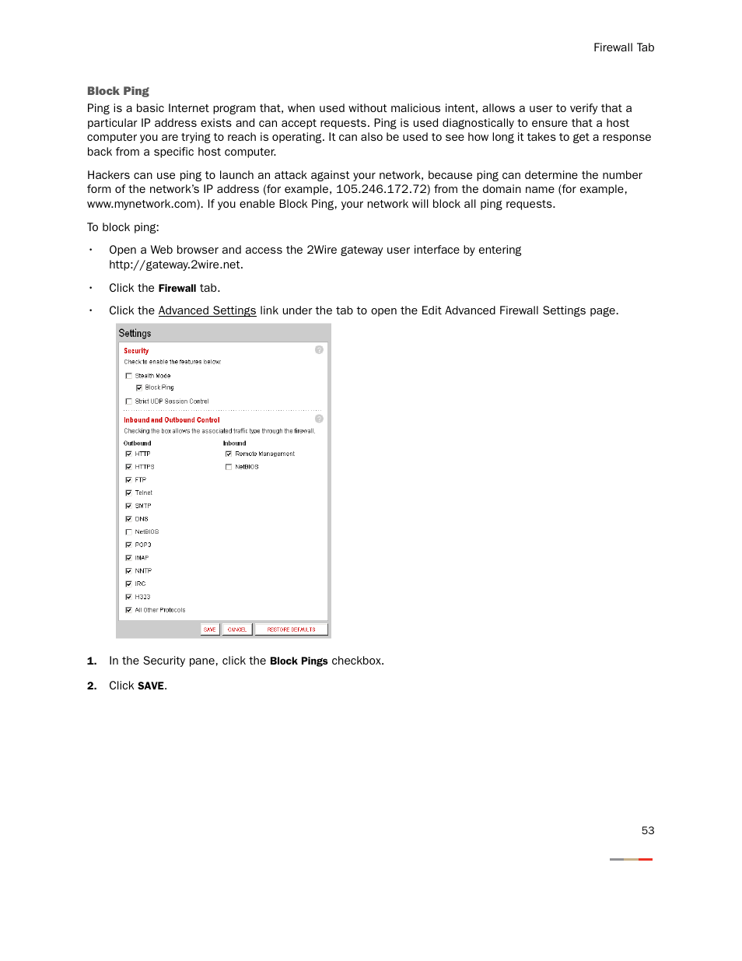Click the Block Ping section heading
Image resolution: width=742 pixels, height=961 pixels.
(117, 91)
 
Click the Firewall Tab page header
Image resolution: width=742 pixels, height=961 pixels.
(623, 47)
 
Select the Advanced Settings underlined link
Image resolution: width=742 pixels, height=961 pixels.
(207, 310)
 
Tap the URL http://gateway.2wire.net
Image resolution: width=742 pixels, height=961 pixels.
(175, 265)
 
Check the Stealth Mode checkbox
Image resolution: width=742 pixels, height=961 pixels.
(129, 376)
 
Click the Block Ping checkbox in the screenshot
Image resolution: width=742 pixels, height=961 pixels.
(139, 388)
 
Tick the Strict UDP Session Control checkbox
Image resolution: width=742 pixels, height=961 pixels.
(129, 402)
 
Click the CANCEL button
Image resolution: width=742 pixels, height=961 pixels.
(237, 630)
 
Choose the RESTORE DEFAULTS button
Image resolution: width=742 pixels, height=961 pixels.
(291, 630)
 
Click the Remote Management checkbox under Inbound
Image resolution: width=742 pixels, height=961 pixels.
(229, 454)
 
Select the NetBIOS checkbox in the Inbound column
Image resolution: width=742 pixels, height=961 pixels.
(229, 467)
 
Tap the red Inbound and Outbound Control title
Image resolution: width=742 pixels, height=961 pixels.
(172, 420)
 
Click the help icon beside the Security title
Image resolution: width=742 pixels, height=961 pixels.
(319, 350)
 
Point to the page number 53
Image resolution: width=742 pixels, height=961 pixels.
(647, 830)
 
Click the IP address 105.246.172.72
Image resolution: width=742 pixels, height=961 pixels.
(382, 189)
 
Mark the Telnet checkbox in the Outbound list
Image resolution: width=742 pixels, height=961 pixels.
(129, 493)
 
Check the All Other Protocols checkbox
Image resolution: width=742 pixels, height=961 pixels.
(129, 610)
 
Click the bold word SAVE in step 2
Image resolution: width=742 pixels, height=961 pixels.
(151, 686)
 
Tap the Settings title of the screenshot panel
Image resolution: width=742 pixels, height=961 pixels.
(135, 333)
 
